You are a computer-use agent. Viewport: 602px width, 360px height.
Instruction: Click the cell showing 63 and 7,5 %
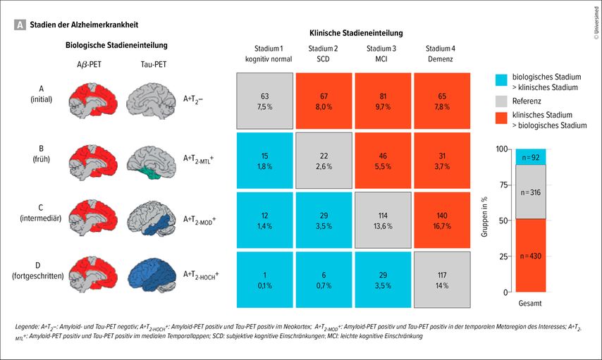264,101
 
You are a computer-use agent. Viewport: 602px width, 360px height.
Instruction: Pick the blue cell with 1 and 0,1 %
264,279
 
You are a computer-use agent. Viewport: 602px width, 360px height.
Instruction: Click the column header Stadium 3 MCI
381,54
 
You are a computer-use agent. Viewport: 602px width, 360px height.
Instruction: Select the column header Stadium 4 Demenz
441,54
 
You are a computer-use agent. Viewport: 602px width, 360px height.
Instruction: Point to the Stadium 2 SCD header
323,54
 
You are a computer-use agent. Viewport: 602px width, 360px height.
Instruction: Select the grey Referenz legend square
502,101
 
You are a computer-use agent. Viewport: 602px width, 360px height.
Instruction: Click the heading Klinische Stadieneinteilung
356,33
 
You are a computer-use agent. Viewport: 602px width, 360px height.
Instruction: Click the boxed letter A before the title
20,24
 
